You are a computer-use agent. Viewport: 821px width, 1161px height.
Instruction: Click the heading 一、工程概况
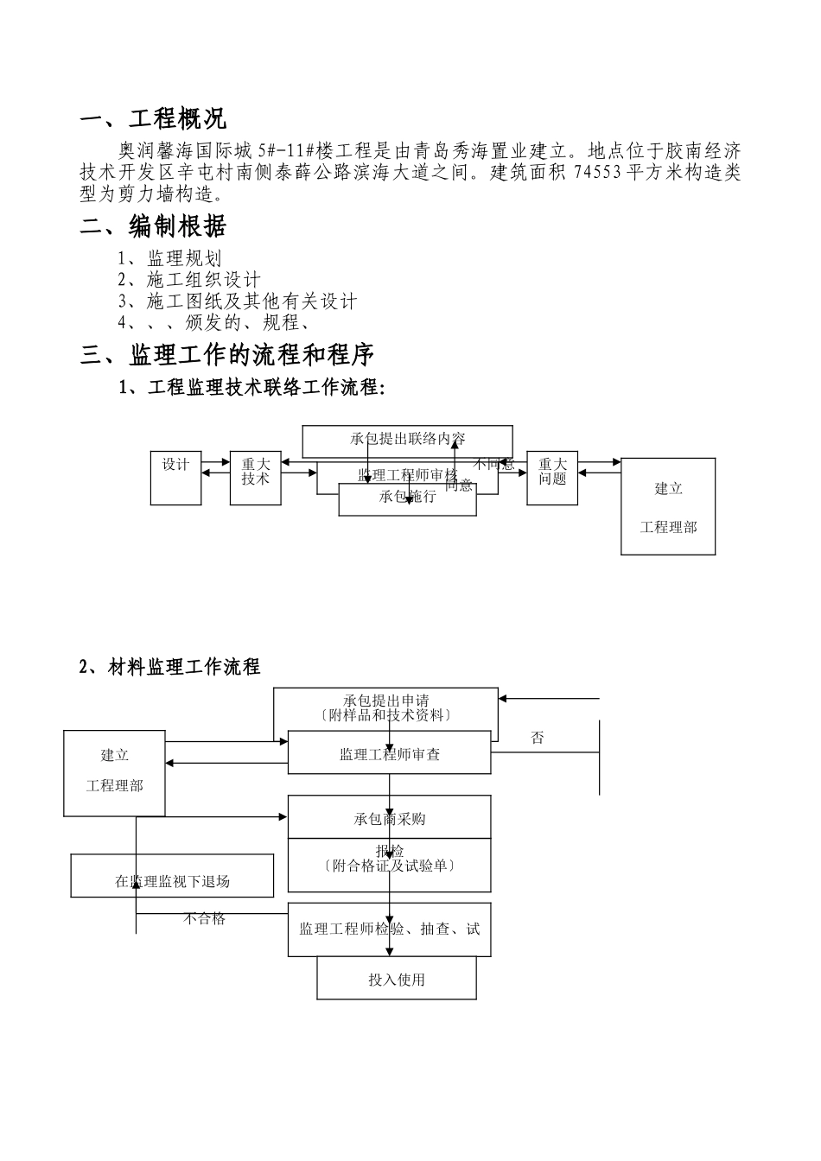coord(153,119)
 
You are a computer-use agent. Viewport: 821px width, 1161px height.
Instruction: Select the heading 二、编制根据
coord(153,227)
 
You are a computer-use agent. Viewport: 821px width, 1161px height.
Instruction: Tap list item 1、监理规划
coord(170,258)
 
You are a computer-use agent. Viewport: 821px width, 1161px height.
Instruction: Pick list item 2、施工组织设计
coord(189,280)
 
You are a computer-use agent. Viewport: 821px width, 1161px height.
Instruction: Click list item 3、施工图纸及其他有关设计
coord(238,301)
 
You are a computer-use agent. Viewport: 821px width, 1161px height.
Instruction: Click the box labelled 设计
coord(175,478)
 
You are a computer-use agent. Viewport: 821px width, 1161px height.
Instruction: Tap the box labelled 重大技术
coord(256,478)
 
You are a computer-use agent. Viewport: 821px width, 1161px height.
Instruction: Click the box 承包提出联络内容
coord(407,438)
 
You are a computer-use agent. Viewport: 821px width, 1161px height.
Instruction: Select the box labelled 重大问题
coord(552,478)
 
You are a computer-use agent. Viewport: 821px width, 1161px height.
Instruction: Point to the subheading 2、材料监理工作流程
coord(169,667)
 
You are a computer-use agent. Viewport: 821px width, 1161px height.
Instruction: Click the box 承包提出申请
coord(385,707)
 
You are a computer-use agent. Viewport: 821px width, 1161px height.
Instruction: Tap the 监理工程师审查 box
coord(390,754)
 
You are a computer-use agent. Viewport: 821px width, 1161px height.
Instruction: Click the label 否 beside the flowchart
coord(538,739)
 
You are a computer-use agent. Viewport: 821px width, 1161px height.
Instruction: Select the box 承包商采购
coord(390,818)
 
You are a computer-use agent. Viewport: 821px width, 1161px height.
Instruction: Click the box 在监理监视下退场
coord(172,881)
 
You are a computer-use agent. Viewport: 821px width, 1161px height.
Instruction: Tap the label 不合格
coord(205,919)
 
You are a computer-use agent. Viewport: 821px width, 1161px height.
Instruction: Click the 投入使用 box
coord(397,980)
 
